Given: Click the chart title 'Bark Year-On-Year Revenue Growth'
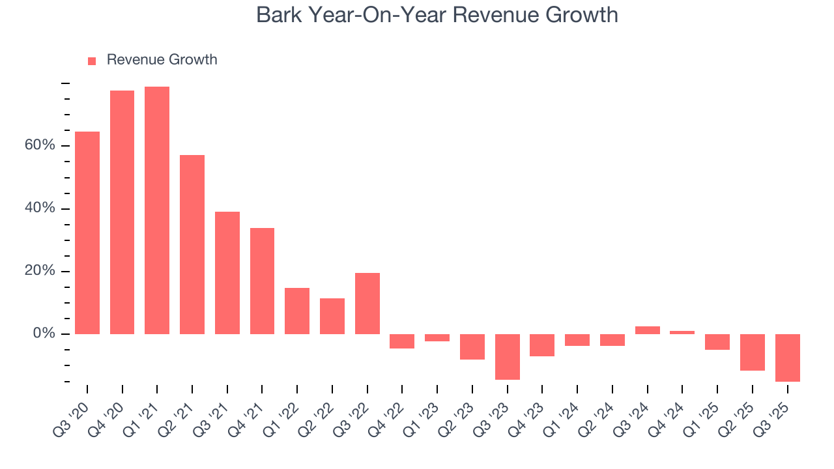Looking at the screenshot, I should (x=437, y=14).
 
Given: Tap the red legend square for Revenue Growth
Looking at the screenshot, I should (x=92, y=61).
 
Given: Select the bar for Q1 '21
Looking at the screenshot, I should (x=157, y=210).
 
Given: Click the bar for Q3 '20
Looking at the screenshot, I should (x=87, y=233).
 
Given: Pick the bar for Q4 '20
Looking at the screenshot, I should (x=122, y=212).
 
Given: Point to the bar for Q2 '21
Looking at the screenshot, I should (x=192, y=244).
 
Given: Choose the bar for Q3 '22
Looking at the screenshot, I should (x=367, y=304).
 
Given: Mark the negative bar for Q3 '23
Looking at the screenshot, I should (x=507, y=356).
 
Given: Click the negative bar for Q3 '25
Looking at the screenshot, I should (x=787, y=358).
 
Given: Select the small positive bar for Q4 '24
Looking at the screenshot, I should (x=682, y=332).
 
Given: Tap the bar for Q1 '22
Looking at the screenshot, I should (x=297, y=311).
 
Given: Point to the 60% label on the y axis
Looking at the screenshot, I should (x=40, y=145).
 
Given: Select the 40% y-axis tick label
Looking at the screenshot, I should (x=40, y=208).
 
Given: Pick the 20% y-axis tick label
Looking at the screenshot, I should (x=40, y=271).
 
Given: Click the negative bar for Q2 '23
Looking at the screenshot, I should (x=472, y=347).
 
